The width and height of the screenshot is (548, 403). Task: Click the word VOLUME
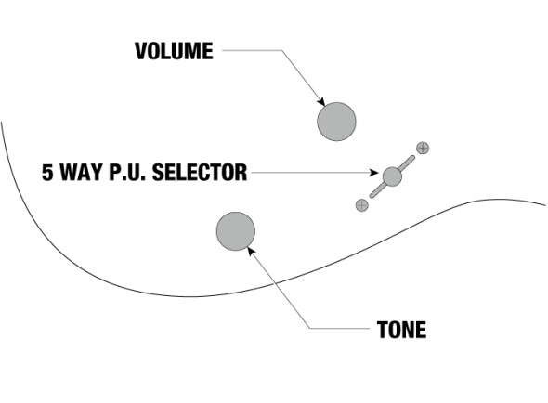tap(174, 51)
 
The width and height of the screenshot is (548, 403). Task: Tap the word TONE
tap(401, 330)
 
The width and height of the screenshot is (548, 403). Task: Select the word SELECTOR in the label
tap(200, 173)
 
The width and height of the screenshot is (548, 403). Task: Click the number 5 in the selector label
tap(47, 173)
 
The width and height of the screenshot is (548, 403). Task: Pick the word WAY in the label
tap(82, 173)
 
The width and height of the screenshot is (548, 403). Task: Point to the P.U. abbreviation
tap(127, 173)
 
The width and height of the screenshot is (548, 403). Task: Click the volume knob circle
tap(336, 122)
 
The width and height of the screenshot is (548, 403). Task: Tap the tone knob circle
tap(236, 231)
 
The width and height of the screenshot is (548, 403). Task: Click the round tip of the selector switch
tap(392, 176)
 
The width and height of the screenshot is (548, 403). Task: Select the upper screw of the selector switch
tap(423, 148)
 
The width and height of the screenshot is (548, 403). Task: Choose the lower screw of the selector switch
tap(361, 205)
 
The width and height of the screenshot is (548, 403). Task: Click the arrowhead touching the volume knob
tap(321, 101)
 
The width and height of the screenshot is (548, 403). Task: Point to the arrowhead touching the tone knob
tap(251, 251)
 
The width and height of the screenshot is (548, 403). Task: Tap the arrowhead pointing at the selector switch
tap(374, 173)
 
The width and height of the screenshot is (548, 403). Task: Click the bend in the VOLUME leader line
tap(281, 50)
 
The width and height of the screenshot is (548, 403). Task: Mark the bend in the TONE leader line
tap(310, 328)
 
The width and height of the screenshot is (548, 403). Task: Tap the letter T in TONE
tap(383, 330)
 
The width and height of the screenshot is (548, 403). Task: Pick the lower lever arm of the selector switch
tap(378, 190)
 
